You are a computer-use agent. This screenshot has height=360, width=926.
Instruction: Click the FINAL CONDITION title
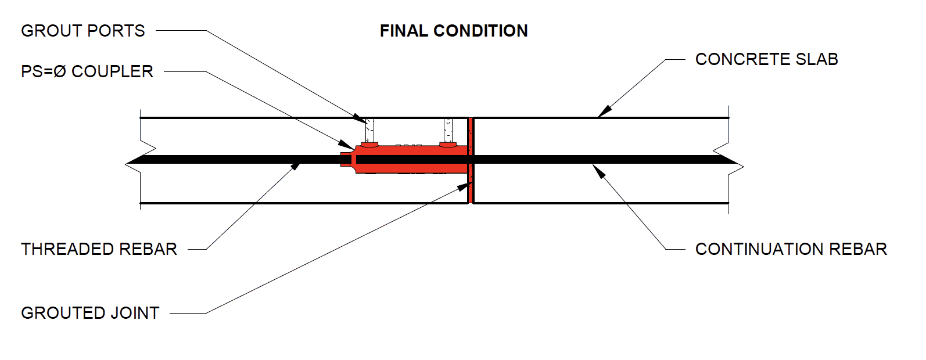pyautogui.click(x=454, y=31)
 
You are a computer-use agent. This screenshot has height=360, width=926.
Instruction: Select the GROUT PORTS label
pyautogui.click(x=83, y=31)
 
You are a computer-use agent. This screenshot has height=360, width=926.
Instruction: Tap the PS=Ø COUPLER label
pyautogui.click(x=87, y=71)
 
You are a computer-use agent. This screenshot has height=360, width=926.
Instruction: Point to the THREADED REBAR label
pyautogui.click(x=99, y=249)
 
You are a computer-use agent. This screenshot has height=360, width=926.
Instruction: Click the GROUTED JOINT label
pyautogui.click(x=90, y=313)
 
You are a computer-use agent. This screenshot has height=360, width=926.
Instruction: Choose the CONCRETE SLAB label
pyautogui.click(x=766, y=59)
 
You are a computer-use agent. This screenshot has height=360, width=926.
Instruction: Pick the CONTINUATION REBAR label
pyautogui.click(x=791, y=249)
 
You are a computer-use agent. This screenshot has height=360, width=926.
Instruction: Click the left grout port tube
pyautogui.click(x=369, y=130)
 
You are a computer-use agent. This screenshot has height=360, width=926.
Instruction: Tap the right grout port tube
pyautogui.click(x=448, y=130)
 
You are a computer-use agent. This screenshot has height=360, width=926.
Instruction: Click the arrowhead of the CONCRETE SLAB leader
pyautogui.click(x=605, y=111)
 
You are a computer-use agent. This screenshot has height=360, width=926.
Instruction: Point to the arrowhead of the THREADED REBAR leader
pyautogui.click(x=296, y=166)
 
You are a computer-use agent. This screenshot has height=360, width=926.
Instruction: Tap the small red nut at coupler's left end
pyautogui.click(x=345, y=159)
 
